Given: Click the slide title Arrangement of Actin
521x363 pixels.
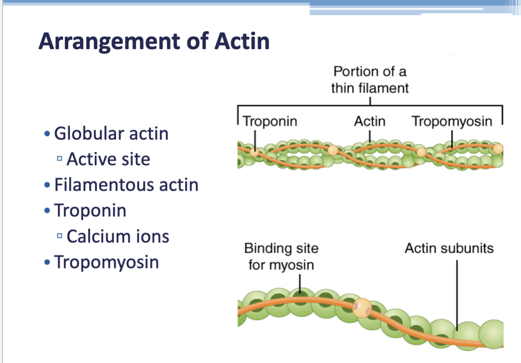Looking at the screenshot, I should tap(154, 42).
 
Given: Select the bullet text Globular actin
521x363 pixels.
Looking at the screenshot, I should tap(111, 134).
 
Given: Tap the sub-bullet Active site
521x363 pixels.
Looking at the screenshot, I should tap(108, 160).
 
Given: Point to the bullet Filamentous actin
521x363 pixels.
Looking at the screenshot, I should tap(126, 185).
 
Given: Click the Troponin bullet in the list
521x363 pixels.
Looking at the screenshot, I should tap(90, 211).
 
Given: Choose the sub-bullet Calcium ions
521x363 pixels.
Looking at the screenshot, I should tap(118, 236).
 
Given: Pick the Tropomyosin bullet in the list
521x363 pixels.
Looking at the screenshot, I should tap(106, 262).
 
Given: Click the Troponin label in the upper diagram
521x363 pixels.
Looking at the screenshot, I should tap(270, 122).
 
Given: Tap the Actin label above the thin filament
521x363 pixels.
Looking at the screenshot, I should tap(370, 122).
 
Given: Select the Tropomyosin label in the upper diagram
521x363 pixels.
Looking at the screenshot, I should tap(452, 122).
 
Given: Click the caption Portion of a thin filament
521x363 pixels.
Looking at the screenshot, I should tap(370, 80).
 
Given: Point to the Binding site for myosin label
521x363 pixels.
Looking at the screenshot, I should tap(281, 256).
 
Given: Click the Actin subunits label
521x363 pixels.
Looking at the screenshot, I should tap(449, 248).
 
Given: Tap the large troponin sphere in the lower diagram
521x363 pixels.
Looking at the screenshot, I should tap(362, 308).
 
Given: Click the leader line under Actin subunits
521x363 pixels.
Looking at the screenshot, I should tap(457, 294).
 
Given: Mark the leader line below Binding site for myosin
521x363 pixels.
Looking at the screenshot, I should tap(300, 283).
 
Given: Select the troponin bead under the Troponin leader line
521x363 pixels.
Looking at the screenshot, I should tap(255, 151).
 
